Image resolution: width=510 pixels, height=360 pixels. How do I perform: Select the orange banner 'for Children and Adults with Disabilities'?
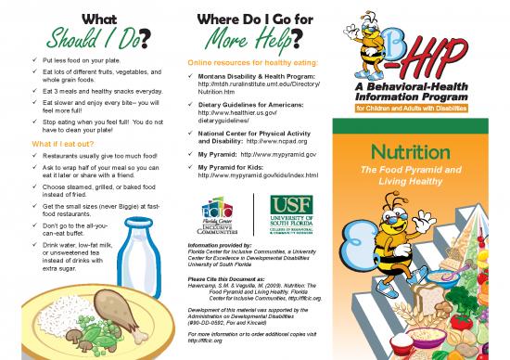[x=429, y=107]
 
